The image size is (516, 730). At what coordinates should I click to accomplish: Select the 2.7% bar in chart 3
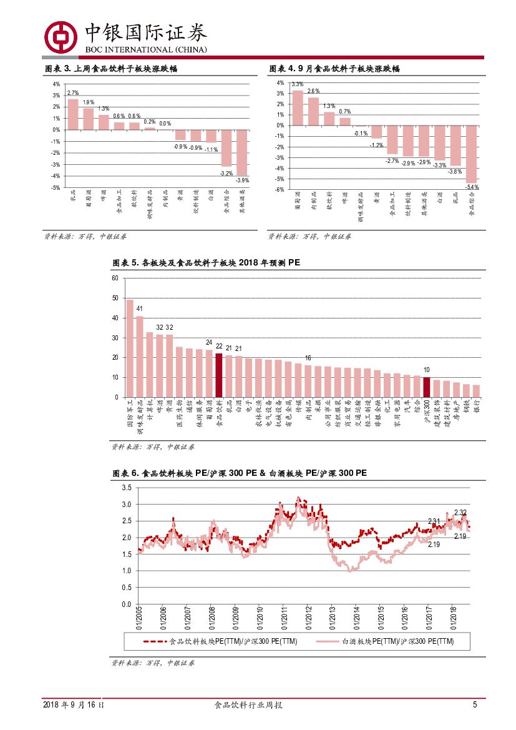(x=73, y=114)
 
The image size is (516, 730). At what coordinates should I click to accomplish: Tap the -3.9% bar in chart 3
(x=241, y=152)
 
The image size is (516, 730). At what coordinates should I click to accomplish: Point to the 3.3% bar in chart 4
(x=298, y=107)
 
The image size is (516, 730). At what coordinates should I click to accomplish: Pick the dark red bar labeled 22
(x=219, y=375)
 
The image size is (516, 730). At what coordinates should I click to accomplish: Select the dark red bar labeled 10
(x=427, y=387)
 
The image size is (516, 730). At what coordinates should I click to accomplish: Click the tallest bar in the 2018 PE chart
(x=130, y=348)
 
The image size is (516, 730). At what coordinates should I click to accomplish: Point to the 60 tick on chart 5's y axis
(x=115, y=278)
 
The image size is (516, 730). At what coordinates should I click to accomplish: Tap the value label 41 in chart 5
(x=140, y=308)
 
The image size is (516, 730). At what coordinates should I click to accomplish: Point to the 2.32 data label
(x=460, y=513)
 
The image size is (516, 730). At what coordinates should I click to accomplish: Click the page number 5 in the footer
(x=475, y=705)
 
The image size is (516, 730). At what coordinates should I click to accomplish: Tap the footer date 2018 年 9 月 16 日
(x=74, y=705)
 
